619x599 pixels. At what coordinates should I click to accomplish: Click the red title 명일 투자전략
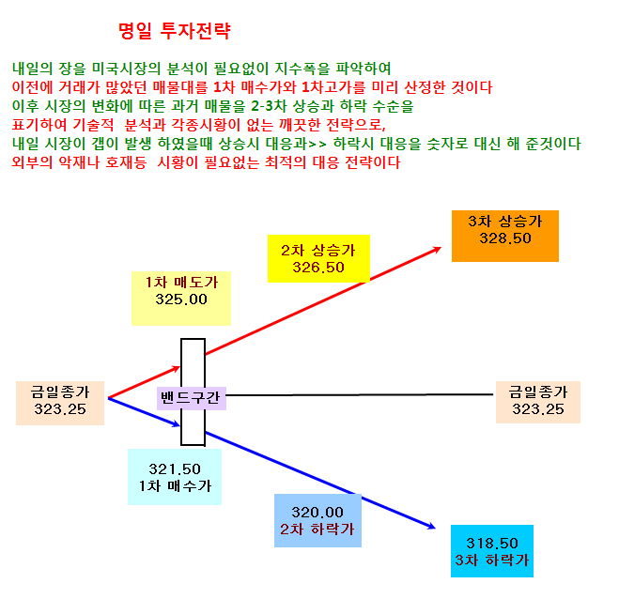tap(174, 31)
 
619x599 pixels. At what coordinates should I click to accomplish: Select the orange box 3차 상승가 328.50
tap(505, 236)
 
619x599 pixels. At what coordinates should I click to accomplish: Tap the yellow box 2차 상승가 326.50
tap(318, 258)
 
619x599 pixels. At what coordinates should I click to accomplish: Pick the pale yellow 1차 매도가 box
tap(181, 299)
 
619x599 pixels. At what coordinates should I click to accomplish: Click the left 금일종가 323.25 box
tap(60, 403)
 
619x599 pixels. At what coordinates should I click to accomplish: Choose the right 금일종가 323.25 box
tap(538, 402)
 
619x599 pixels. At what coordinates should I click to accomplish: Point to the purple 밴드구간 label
tap(192, 398)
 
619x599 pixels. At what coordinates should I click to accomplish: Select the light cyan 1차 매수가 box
tap(175, 477)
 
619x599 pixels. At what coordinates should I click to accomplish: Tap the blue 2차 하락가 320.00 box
tap(317, 520)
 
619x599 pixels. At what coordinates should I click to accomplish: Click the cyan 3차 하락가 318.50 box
tap(492, 551)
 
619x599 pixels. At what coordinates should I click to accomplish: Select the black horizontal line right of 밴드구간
tap(360, 394)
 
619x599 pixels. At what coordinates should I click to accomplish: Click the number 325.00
tap(181, 299)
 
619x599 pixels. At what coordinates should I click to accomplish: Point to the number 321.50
tap(175, 469)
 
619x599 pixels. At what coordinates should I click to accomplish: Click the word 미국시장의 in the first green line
tap(126, 69)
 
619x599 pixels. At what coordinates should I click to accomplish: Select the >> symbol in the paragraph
tap(317, 144)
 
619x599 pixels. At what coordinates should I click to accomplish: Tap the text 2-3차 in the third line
tap(269, 106)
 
